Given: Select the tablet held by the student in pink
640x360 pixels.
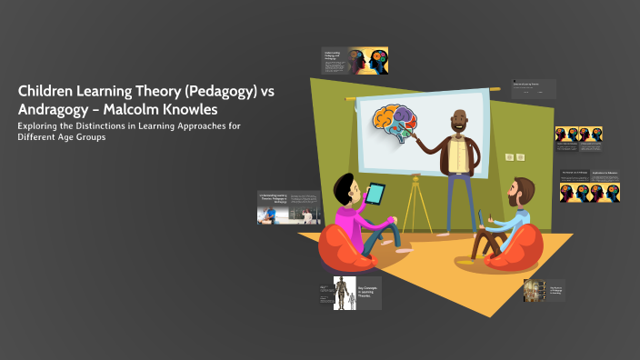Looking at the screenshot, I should coord(375,193).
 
